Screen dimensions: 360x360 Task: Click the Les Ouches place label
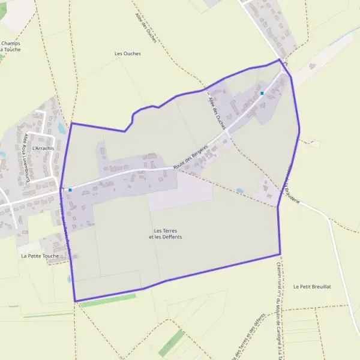pyautogui.click(x=127, y=53)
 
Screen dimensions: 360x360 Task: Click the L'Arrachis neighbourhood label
pyautogui.click(x=43, y=148)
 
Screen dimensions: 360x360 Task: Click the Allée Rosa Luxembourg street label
pyautogui.click(x=26, y=157)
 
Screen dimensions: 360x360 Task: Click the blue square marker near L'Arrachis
pyautogui.click(x=70, y=190)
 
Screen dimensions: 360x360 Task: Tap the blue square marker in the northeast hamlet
pyautogui.click(x=262, y=93)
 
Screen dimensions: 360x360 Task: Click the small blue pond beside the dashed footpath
pyautogui.click(x=240, y=191)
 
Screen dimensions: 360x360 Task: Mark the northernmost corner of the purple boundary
pyautogui.click(x=279, y=59)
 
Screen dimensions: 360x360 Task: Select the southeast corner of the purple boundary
pyautogui.click(x=280, y=254)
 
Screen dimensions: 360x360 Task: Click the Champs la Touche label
pyautogui.click(x=11, y=46)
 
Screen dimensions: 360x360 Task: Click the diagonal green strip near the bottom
pyautogui.click(x=172, y=343)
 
